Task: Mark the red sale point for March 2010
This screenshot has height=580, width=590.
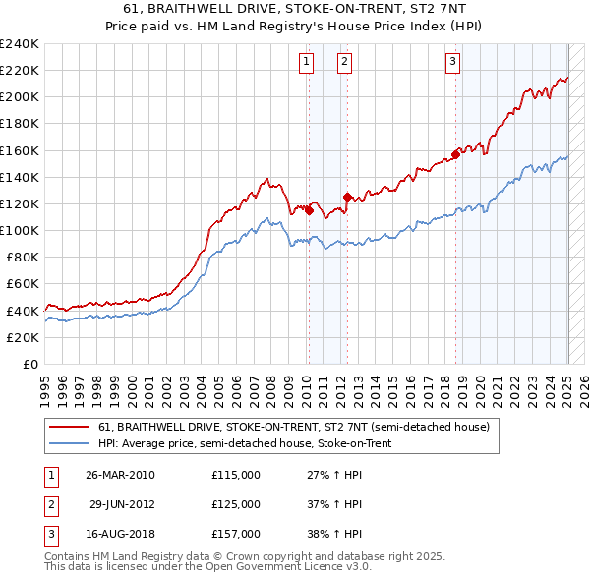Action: (x=309, y=209)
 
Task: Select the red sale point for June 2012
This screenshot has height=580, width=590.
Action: (x=347, y=197)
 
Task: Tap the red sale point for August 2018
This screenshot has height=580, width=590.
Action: (x=456, y=153)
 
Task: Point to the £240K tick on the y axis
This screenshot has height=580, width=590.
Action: (x=19, y=43)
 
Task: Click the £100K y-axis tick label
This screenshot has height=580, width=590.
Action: (x=19, y=230)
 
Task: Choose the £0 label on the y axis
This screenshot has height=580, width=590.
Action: (x=29, y=364)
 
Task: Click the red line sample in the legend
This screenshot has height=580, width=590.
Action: (x=68, y=427)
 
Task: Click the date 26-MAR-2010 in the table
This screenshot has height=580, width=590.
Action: (x=120, y=475)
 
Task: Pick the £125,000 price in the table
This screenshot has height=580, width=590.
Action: (x=236, y=504)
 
